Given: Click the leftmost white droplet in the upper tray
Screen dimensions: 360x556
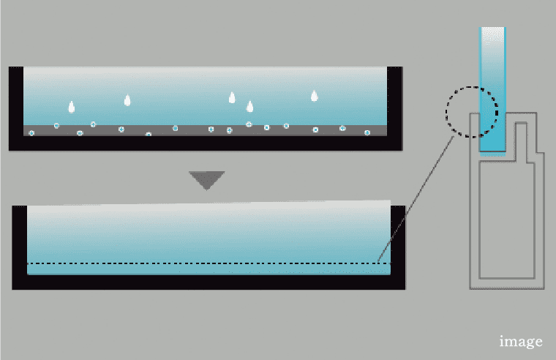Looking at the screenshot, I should point(71,107).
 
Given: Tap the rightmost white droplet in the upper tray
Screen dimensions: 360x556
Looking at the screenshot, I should point(315,95).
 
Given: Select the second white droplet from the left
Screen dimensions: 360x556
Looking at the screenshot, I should point(127,100).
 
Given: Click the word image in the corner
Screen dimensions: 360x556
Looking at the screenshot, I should point(521,341).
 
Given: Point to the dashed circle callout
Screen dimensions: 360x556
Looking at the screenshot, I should point(472,113).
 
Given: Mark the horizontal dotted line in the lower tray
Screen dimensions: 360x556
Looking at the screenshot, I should point(205,263).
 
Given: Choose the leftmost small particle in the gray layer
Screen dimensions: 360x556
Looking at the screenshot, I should point(31,133).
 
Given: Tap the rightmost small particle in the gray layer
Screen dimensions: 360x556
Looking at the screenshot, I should point(367,132).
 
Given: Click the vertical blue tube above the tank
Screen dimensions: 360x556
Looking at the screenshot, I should point(492,88).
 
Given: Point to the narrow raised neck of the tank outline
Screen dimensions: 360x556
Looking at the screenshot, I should point(521,135).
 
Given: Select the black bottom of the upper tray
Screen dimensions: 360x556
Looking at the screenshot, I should point(205,143).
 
